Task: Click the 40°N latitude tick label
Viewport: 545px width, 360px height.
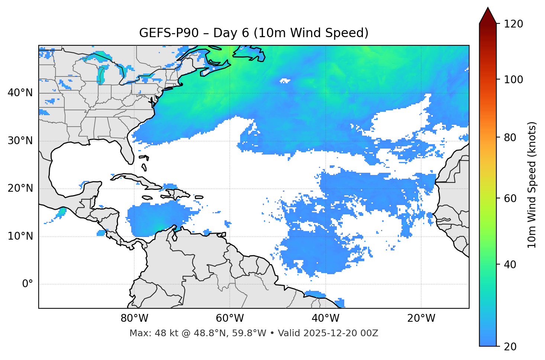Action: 20,93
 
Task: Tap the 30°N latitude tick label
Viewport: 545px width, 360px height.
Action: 20,141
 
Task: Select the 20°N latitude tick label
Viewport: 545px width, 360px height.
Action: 20,188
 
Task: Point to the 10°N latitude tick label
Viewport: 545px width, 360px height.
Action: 20,236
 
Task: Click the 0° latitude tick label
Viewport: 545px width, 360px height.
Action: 28,284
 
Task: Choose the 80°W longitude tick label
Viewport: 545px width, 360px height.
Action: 134,318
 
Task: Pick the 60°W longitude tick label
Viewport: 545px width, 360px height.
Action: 230,318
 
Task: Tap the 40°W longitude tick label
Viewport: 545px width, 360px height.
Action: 325,318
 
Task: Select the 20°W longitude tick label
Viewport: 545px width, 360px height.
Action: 421,318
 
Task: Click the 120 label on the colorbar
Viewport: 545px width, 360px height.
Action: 513,24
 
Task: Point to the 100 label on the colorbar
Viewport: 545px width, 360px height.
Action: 513,80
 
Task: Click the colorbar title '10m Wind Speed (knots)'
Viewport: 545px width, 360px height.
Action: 532,185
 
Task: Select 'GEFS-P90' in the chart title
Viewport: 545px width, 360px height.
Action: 163,33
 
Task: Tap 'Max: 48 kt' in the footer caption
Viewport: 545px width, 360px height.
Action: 147,333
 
